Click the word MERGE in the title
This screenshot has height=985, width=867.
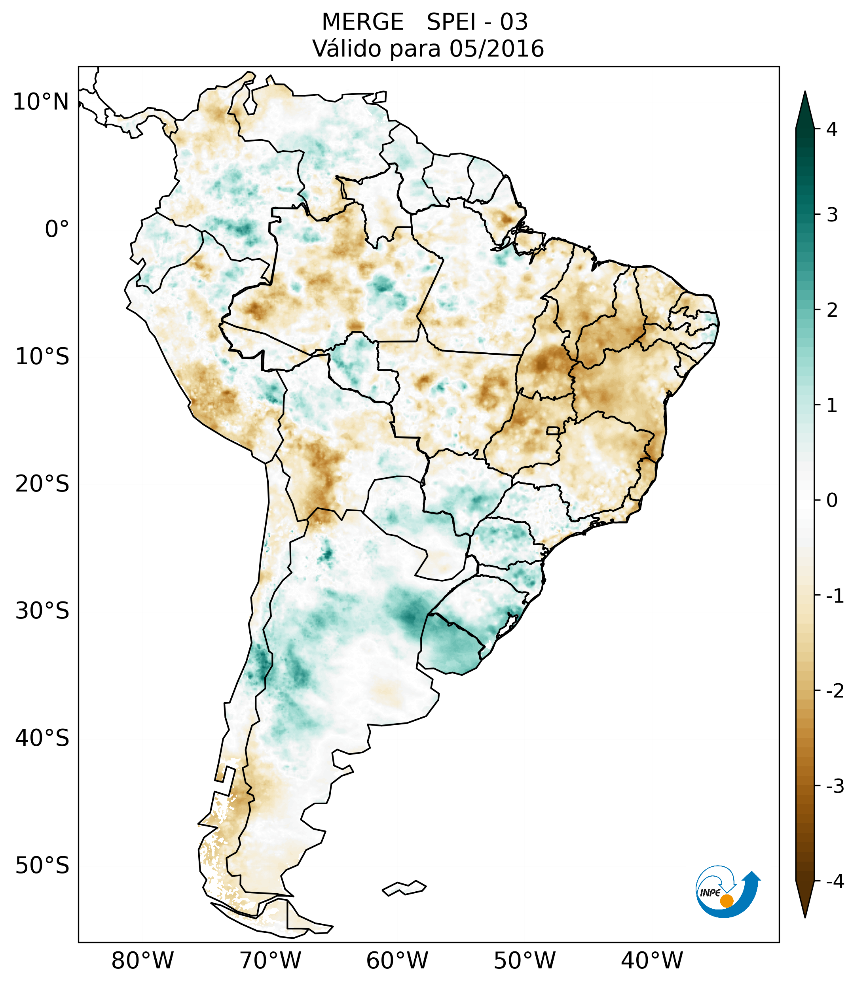(x=362, y=22)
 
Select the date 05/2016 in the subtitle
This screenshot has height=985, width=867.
(x=497, y=49)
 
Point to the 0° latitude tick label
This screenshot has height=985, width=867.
(x=57, y=229)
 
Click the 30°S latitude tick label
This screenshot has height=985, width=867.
(x=42, y=611)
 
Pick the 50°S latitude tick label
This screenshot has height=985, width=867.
(x=42, y=865)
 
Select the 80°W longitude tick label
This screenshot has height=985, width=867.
(x=143, y=960)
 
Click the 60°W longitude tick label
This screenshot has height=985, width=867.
(x=397, y=960)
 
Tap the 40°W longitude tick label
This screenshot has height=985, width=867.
(x=652, y=960)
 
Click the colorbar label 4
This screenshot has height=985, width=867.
(x=832, y=129)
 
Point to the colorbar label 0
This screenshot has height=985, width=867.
(x=832, y=501)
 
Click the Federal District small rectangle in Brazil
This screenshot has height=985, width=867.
(x=553, y=430)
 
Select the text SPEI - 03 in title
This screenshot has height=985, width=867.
(x=477, y=22)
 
